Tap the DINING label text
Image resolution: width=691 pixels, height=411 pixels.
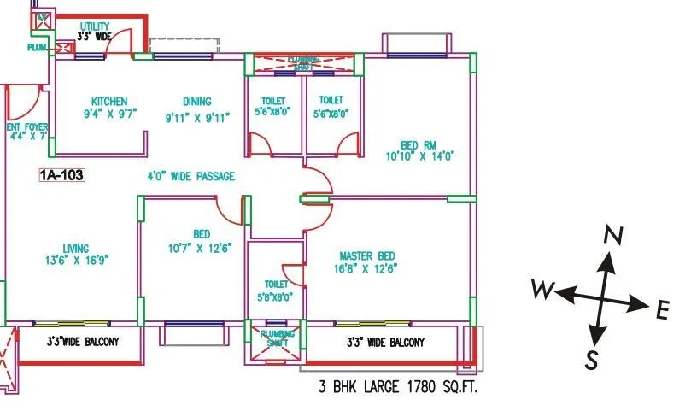coord(196,101)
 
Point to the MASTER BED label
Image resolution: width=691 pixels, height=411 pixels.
coord(367,256)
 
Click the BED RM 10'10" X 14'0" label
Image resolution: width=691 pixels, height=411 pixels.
coord(419,144)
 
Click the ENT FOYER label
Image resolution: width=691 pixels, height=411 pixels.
coord(26,127)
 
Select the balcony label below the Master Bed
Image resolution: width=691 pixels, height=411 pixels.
coord(385,343)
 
